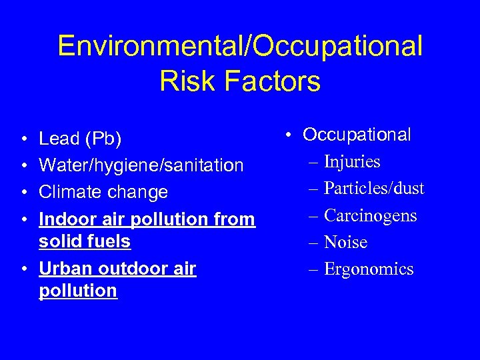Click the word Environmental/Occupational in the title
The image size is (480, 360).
point(240,47)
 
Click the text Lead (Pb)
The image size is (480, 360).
point(79,139)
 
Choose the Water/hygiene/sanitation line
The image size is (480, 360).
point(141,165)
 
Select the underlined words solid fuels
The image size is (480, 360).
point(85,241)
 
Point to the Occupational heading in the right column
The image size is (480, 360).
point(357,135)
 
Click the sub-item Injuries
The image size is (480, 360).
point(352,162)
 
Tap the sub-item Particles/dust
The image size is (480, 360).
point(374,189)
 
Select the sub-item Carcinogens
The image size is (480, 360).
point(370,215)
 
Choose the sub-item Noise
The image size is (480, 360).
point(345,242)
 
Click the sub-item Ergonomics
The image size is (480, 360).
point(369,269)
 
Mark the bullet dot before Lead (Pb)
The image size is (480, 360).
point(23,140)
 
